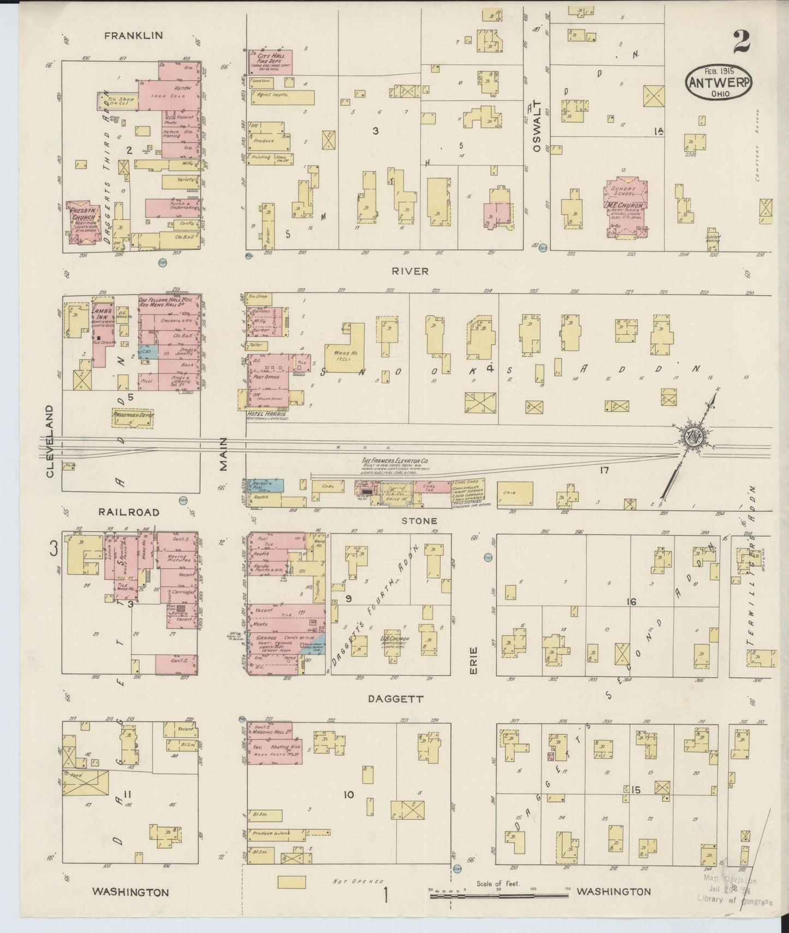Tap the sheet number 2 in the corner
(x=741, y=43)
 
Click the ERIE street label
(x=473, y=660)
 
